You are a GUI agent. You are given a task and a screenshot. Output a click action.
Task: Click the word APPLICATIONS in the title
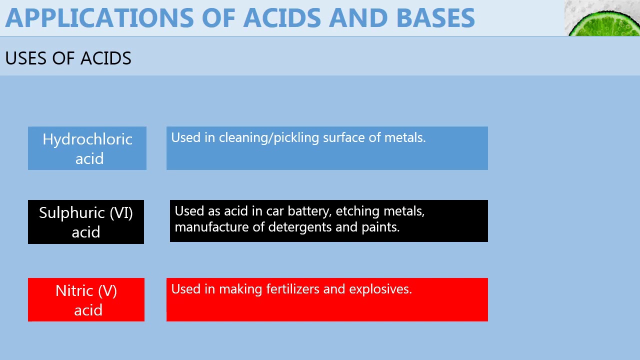99,18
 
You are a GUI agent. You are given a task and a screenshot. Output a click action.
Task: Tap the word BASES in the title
435,18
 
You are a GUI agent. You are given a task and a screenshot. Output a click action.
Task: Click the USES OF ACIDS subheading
68,58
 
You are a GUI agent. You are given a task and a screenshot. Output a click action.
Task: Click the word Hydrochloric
87,139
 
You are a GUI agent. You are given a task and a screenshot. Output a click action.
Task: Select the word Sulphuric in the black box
72,213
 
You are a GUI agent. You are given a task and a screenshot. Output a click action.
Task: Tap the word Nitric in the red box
74,291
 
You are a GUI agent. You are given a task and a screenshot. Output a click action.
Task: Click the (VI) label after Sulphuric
121,213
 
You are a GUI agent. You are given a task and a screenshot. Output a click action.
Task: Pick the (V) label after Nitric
107,291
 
